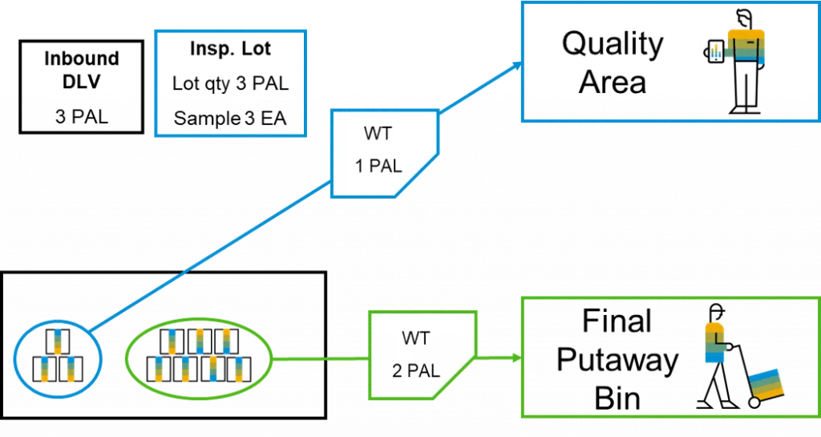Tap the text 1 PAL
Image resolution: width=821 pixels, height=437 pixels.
click(379, 167)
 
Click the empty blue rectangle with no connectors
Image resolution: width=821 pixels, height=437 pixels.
click(229, 83)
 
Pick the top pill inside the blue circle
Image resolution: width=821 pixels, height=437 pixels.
click(57, 340)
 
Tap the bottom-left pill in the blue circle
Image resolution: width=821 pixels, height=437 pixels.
click(45, 368)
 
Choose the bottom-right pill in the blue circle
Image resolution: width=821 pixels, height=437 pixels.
click(71, 368)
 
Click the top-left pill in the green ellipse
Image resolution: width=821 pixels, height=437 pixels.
click(172, 341)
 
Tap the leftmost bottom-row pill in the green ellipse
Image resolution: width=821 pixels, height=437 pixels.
click(160, 369)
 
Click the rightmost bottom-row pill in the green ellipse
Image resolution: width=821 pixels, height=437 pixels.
click(238, 369)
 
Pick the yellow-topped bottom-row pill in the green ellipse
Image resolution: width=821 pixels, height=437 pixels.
click(212, 368)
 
